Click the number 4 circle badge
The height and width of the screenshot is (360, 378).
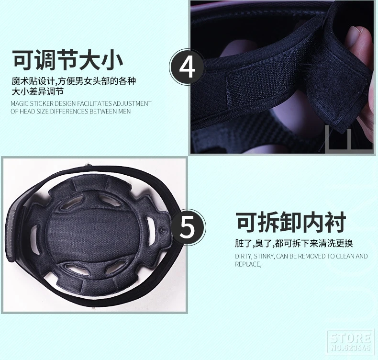187,67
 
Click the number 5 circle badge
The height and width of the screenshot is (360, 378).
188,227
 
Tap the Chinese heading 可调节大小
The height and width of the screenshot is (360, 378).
68,60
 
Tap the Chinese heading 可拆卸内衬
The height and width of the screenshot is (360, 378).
291,222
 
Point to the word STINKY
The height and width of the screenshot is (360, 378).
264,256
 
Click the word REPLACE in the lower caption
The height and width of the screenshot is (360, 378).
248,264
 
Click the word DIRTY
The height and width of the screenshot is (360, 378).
244,256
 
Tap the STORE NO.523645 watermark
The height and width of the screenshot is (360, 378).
351,342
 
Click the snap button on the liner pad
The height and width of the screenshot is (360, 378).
163,230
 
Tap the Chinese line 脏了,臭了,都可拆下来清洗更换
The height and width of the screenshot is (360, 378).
294,243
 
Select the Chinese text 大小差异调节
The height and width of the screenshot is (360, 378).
38,91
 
